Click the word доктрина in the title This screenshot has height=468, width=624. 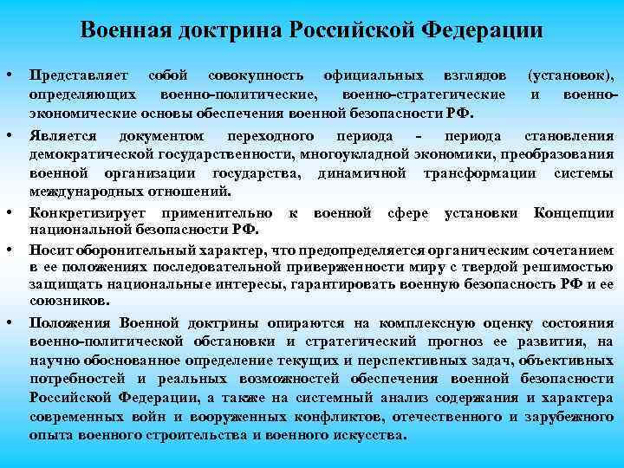tap(221, 31)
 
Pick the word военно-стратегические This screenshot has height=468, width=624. tap(423, 94)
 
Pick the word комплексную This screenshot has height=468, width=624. tap(397, 323)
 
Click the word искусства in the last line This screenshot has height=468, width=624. tap(371, 433)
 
